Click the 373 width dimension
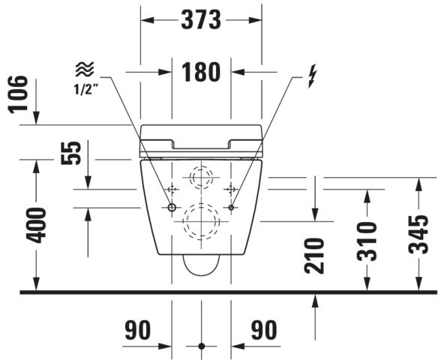(201, 19)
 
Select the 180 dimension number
(201, 72)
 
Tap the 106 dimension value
(18, 94)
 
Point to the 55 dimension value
(70, 153)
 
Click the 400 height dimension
(36, 225)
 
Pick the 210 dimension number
(314, 256)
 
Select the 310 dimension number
(367, 241)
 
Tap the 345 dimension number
(418, 234)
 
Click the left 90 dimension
(138, 330)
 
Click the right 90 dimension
(264, 330)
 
